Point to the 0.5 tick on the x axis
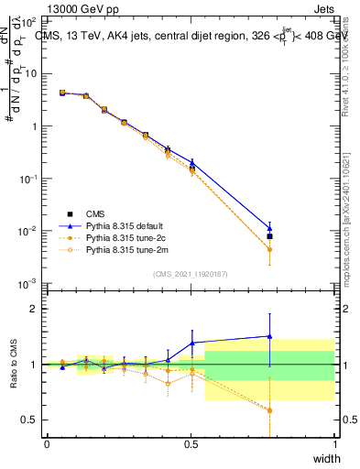click(x=191, y=444)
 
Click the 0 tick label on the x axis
click(x=47, y=444)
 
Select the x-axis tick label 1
click(x=334, y=444)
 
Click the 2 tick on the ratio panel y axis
click(x=33, y=309)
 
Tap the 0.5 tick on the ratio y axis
click(x=28, y=420)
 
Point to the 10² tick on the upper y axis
click(x=30, y=21)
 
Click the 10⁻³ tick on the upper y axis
click(x=29, y=283)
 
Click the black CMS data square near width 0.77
click(x=269, y=236)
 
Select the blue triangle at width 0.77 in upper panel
click(x=269, y=228)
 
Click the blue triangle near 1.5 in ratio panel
click(x=269, y=336)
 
